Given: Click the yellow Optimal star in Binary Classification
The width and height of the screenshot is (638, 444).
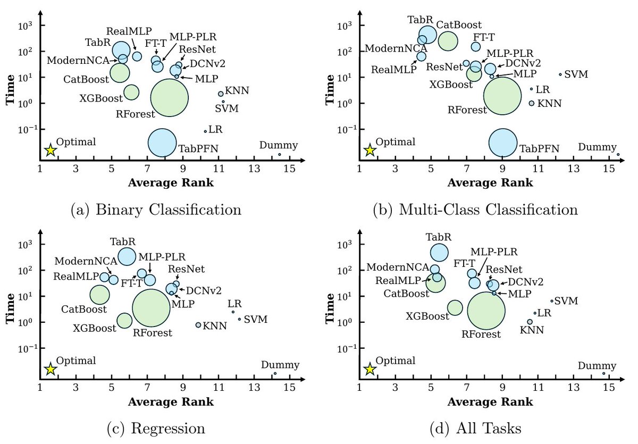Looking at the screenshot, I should tap(50, 150).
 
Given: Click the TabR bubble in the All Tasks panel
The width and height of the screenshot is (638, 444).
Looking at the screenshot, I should tap(439, 253).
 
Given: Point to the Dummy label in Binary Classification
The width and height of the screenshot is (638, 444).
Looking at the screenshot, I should tap(279, 145).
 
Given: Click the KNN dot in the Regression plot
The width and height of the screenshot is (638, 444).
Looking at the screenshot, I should tap(198, 325).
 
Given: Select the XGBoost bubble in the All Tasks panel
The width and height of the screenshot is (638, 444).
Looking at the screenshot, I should tap(455, 307).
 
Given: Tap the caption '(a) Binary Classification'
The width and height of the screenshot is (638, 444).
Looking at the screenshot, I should tap(156, 209).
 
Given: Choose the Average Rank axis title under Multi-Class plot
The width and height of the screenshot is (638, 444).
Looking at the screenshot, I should tap(490, 182).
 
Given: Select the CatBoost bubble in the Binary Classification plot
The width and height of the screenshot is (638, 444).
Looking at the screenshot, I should tap(124, 72).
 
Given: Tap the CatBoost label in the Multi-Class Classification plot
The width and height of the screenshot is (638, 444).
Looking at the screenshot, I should tap(459, 24).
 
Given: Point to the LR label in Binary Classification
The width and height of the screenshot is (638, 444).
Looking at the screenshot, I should tap(215, 129).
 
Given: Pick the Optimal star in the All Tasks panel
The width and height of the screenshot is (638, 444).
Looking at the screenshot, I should tap(370, 369).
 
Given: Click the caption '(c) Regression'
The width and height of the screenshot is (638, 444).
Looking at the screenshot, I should tap(156, 428).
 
